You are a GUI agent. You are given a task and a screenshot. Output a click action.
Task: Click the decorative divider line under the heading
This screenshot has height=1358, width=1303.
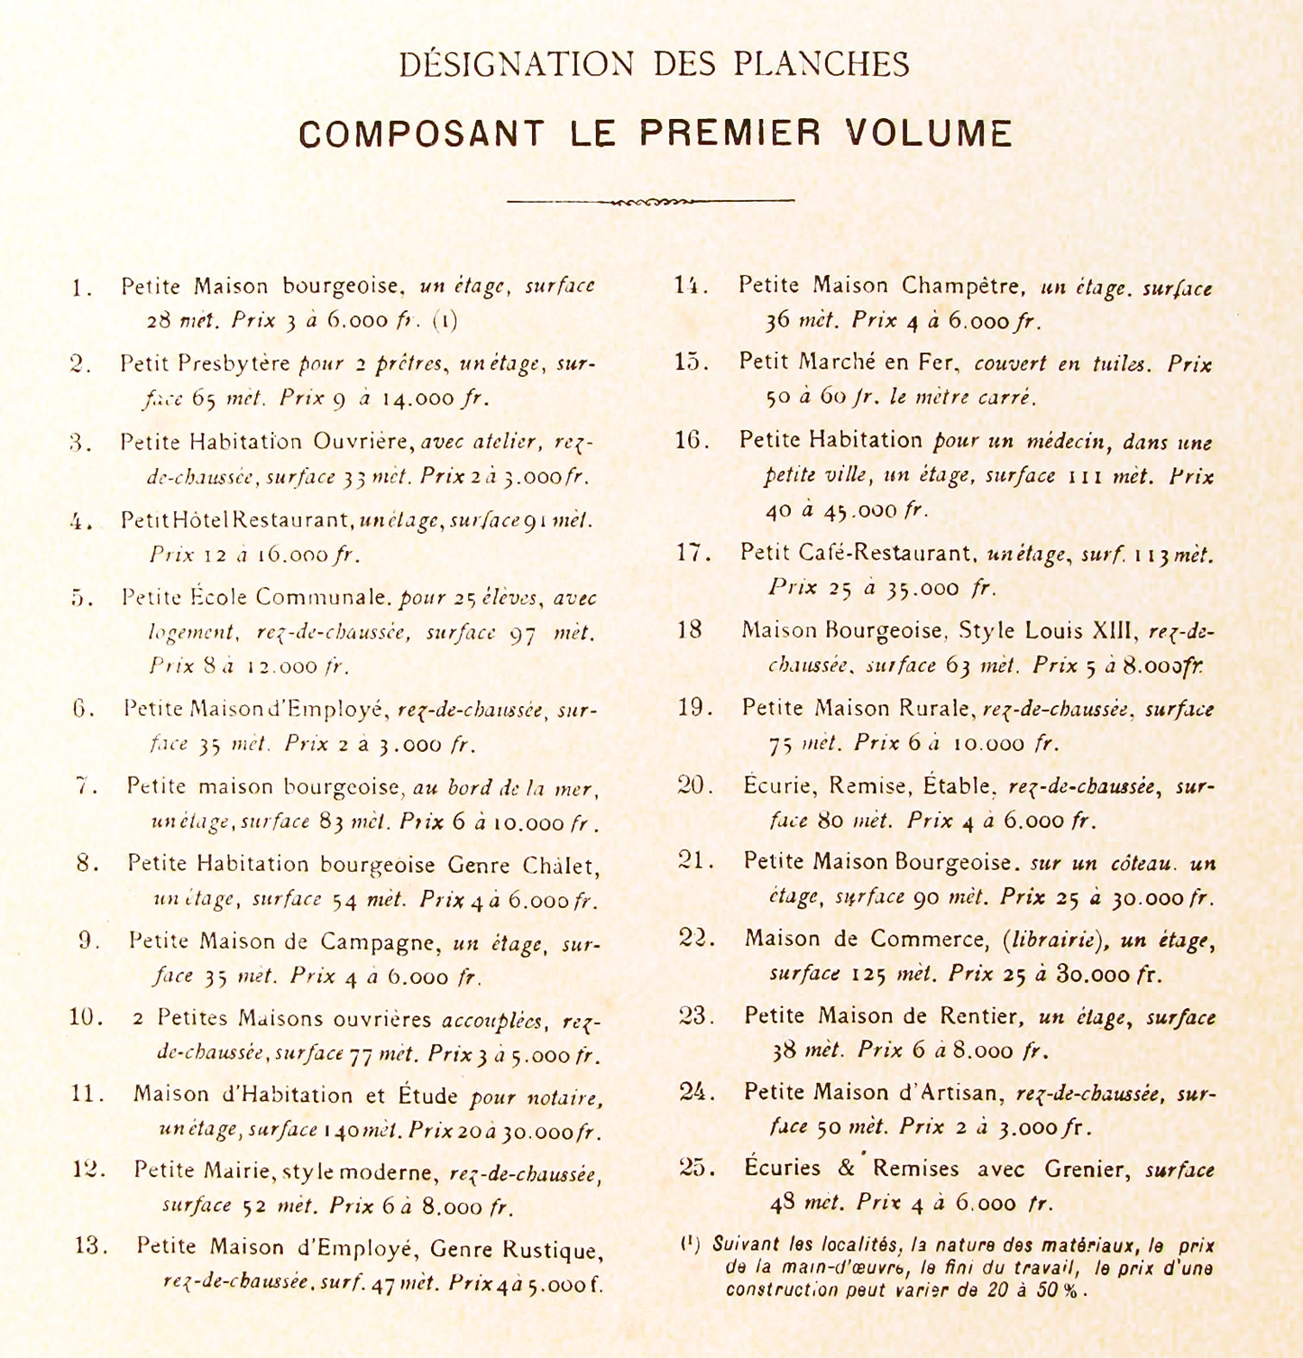[x=650, y=201]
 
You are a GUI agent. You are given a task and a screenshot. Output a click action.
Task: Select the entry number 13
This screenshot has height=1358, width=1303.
[x=91, y=1246]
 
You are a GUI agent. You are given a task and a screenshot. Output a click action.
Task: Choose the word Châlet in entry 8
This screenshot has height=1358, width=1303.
[x=559, y=865]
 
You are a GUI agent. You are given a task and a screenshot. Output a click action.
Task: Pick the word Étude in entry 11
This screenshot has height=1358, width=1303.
[x=428, y=1095]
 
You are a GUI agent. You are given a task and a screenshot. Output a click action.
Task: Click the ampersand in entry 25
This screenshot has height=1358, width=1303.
[x=846, y=1169]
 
